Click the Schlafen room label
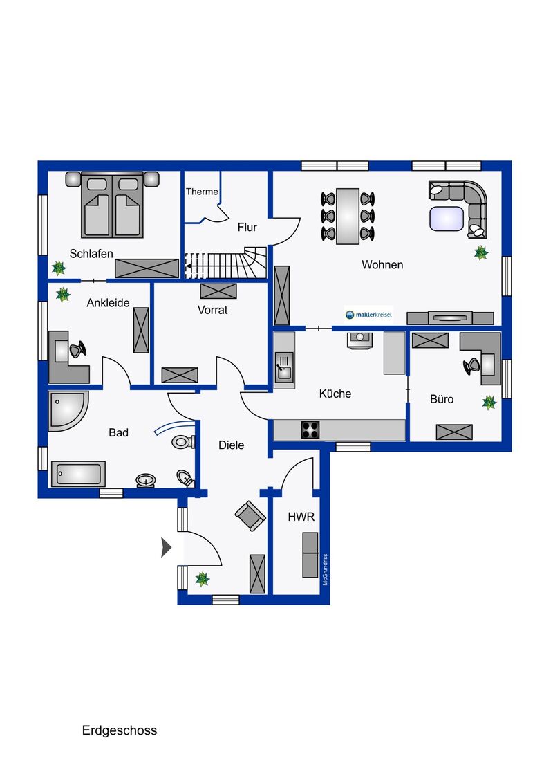91,254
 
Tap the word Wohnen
382,265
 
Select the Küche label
335,394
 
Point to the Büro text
442,399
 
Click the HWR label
301,517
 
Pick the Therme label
202,192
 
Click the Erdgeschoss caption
120,730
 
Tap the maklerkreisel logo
369,315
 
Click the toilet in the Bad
183,441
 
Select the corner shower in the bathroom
66,409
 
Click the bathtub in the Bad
78,473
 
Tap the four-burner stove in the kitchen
310,430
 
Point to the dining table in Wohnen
348,217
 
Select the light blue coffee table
446,219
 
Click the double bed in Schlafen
112,205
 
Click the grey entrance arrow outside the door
166,547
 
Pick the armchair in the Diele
250,516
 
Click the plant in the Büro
489,402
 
